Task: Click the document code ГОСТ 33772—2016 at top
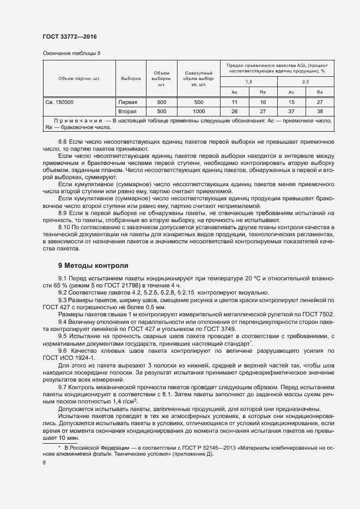click(70, 36)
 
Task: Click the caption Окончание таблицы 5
click(71, 53)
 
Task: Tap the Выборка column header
click(131, 78)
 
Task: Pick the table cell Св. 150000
click(59, 102)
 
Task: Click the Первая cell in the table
click(129, 102)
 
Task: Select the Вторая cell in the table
click(129, 111)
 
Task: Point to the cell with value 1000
click(198, 111)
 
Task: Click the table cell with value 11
click(234, 102)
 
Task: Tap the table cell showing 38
click(320, 111)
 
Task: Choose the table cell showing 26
click(234, 111)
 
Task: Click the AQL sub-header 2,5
click(305, 81)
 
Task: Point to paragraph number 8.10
click(64, 226)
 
